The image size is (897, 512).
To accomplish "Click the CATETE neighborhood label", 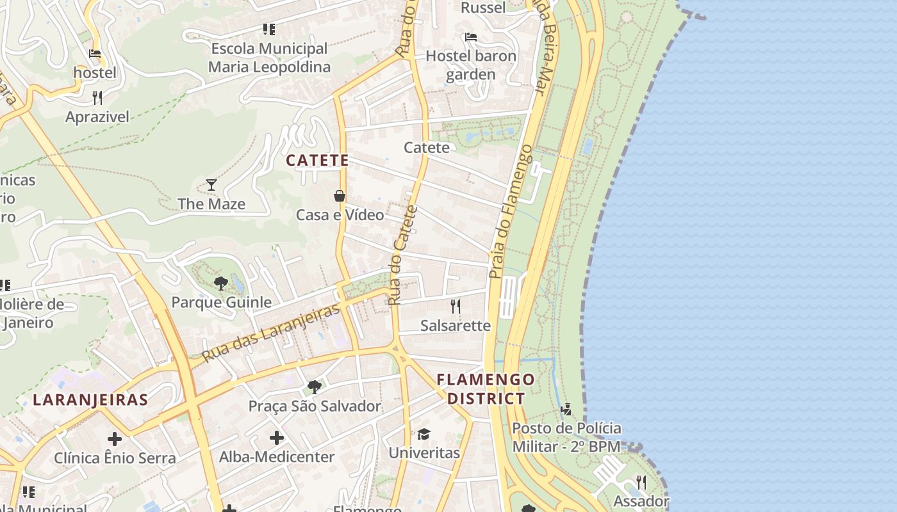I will pos(317,160).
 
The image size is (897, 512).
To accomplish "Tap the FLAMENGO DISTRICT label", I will pos(486,388).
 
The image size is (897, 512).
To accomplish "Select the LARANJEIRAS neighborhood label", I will pos(90,400).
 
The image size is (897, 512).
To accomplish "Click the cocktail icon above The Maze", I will pos(211,185).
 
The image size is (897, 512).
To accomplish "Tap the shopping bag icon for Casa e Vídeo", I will pos(340,196).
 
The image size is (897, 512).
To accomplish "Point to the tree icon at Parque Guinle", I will pos(220,283).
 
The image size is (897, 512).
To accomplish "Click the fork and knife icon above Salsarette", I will pos(456,306).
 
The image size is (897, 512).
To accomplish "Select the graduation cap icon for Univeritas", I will pos(424,434).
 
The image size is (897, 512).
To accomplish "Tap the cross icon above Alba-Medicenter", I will pos(276,438).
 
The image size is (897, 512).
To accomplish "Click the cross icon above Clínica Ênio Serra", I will pos(115,439).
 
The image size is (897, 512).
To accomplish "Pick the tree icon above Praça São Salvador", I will pos(314,387).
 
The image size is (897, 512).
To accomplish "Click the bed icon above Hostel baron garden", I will pos(471,37).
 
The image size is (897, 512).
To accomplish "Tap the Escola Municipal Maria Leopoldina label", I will pos(269,58).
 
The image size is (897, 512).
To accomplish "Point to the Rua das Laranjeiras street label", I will pos(270,333).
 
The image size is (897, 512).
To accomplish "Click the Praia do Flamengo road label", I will pos(510,211).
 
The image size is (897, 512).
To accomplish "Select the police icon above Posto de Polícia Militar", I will pos(566,409).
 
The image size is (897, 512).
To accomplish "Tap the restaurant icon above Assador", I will pos(641,482).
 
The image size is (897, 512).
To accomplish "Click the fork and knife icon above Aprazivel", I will pos(97,97).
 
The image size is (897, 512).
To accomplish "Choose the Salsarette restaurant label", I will pos(456,325).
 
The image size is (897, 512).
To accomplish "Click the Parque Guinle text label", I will pos(221,302).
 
